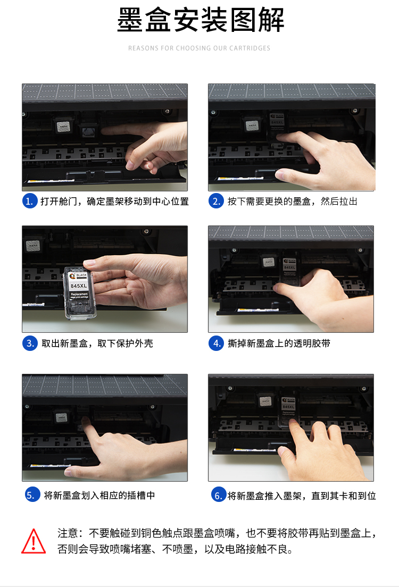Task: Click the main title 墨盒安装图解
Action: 201,20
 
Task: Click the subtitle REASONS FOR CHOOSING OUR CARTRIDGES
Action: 199,48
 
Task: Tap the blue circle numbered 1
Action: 30,201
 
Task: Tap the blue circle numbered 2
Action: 216,201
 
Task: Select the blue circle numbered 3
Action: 30,343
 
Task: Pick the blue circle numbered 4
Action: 216,343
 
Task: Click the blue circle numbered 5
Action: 32,494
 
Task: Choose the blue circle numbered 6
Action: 219,494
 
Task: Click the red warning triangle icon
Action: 34,541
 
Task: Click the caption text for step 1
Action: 114,202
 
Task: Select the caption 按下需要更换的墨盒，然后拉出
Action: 292,202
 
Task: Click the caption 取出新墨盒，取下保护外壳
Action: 97,343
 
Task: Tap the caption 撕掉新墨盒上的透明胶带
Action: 279,343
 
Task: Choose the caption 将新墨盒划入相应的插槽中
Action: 99,496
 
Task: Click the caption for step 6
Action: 302,496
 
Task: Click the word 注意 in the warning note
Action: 68,533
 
